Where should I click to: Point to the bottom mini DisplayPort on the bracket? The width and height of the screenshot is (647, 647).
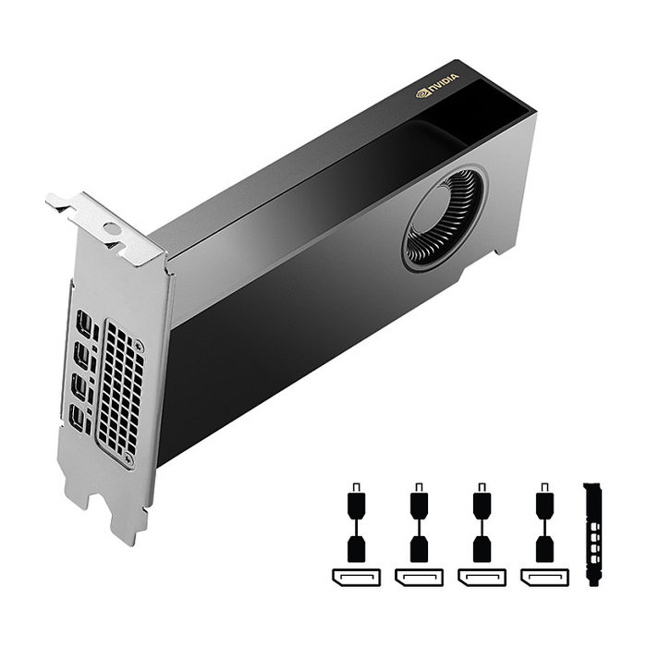coord(80,417)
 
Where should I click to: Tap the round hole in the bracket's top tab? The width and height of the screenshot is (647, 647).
coord(112,227)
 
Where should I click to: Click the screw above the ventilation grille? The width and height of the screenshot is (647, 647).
coord(139,345)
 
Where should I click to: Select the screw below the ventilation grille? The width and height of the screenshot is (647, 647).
coord(128,458)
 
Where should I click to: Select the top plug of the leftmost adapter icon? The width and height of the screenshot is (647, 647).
coord(355,504)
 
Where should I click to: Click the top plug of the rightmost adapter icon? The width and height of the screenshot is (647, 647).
coord(543,504)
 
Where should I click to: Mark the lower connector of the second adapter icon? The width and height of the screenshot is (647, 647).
coord(418,548)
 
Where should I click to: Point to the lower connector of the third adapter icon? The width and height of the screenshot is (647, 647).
coord(481,548)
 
